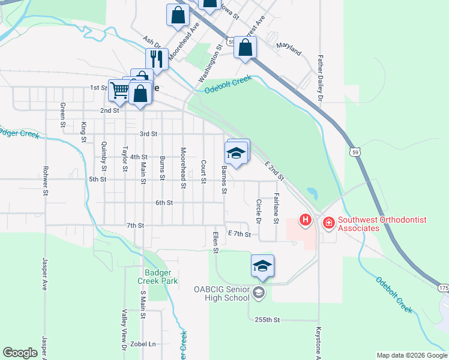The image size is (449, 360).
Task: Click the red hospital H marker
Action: [x=306, y=220]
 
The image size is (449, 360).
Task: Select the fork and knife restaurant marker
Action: [x=156, y=59]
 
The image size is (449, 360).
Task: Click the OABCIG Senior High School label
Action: [x=221, y=293]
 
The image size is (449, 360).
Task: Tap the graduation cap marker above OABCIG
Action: [x=262, y=265]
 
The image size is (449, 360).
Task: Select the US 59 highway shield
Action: [x=355, y=153]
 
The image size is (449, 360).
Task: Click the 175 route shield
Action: [x=443, y=289]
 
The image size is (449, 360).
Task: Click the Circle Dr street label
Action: [x=259, y=211]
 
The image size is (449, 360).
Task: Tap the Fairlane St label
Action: [x=276, y=208]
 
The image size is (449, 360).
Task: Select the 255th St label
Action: [x=267, y=320]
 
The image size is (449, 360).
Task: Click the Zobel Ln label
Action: [x=144, y=344]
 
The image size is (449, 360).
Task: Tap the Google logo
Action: [x=20, y=353]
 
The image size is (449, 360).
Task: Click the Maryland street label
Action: [x=288, y=49]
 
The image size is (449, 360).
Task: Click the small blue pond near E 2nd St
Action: [x=312, y=194]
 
